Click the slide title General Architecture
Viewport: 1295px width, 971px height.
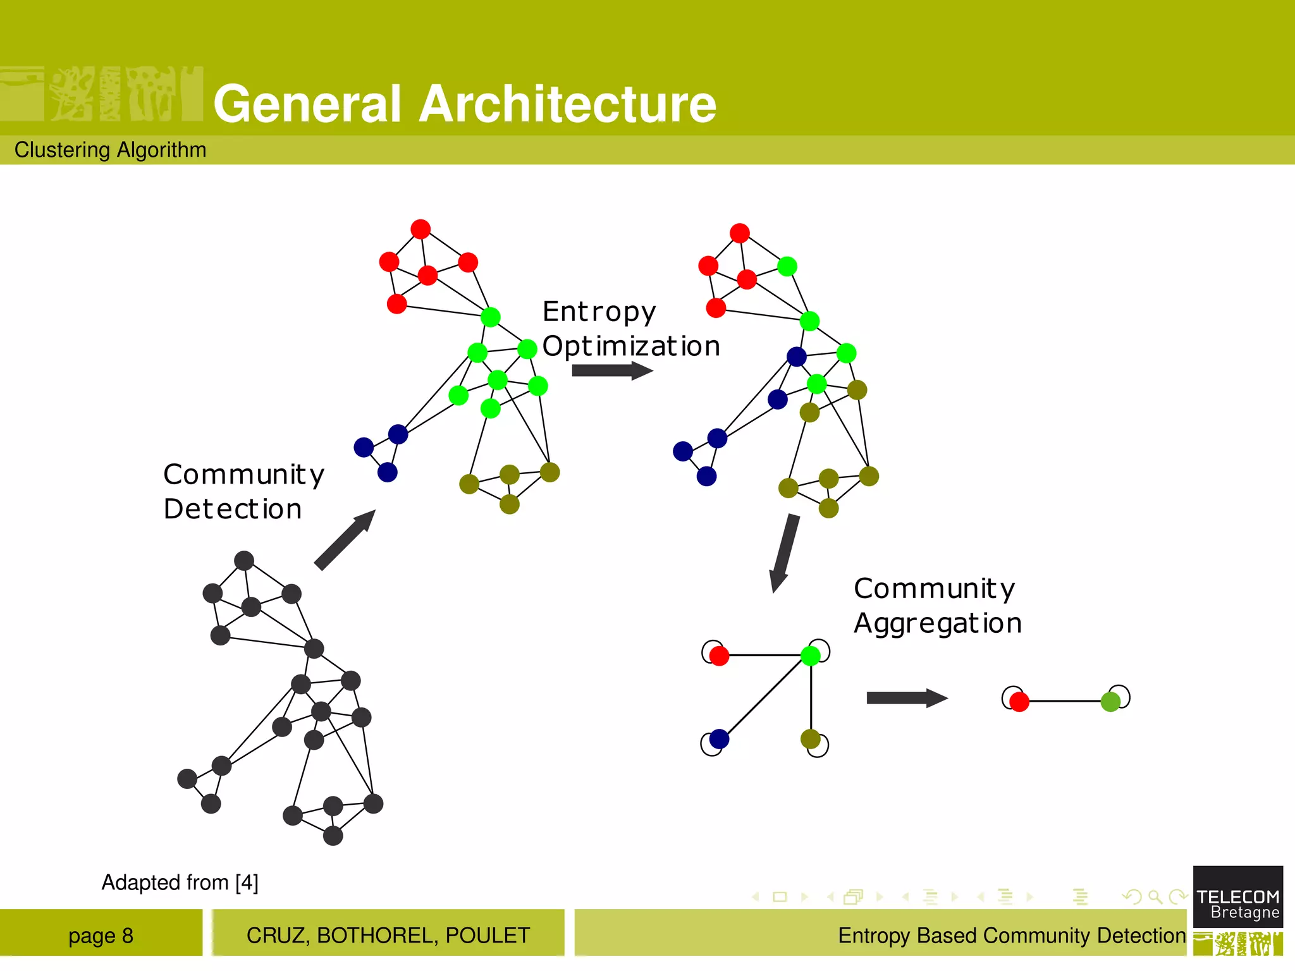[x=465, y=104]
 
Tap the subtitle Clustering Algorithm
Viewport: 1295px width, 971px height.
[x=111, y=150]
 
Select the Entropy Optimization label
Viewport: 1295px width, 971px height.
[x=630, y=329]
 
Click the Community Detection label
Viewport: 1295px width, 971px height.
[x=243, y=491]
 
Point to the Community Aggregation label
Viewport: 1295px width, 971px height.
[x=937, y=606]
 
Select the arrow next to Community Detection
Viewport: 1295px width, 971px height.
[x=345, y=540]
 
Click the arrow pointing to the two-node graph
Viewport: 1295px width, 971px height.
[x=907, y=698]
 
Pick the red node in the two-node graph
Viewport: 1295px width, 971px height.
[x=1019, y=702]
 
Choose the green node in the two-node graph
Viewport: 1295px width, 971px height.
[x=1110, y=701]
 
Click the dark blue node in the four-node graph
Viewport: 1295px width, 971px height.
[x=719, y=738]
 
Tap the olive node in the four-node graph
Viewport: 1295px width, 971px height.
[x=811, y=738]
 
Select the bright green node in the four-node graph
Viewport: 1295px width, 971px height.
[x=811, y=656]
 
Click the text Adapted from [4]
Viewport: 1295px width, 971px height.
[x=180, y=882]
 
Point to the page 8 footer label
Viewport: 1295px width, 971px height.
[x=101, y=935]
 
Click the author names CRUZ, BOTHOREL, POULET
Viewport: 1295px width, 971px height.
[x=388, y=935]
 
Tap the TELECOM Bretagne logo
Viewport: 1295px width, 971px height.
[x=1237, y=898]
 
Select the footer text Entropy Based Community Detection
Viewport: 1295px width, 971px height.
[x=1011, y=935]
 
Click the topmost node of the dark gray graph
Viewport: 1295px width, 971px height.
[x=244, y=561]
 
